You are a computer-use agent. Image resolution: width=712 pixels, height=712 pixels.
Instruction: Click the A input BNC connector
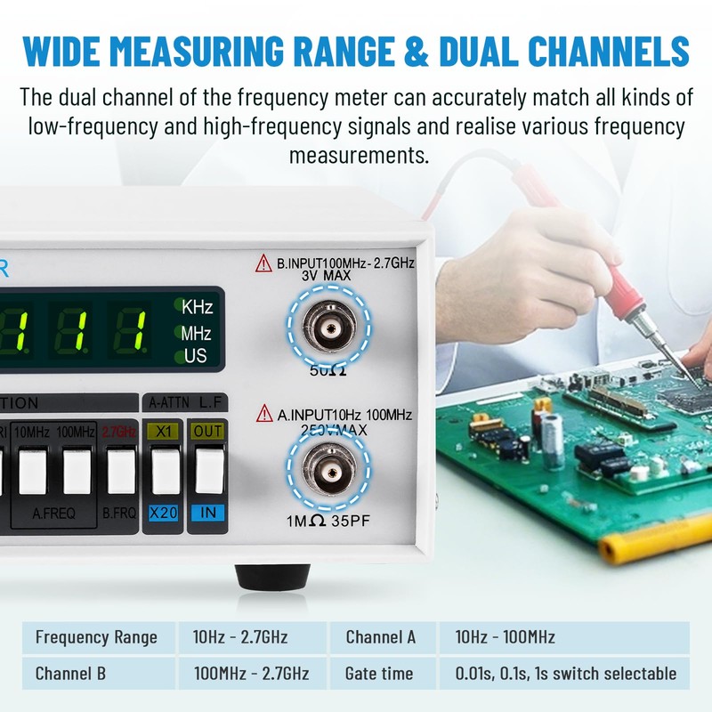(330, 469)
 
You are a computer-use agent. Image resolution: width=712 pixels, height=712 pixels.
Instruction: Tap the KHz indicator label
(197, 308)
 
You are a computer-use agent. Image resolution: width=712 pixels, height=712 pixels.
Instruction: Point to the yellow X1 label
(162, 432)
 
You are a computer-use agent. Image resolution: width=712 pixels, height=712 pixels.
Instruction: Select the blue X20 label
(162, 512)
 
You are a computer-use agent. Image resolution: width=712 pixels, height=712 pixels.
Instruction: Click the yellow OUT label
(208, 432)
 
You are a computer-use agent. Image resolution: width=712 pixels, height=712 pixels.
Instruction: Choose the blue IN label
(208, 512)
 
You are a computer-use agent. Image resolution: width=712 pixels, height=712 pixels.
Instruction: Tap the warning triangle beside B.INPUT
(264, 263)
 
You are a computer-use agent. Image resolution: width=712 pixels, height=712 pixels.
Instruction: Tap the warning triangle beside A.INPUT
(264, 414)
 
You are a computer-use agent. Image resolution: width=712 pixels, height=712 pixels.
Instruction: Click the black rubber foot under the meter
(272, 575)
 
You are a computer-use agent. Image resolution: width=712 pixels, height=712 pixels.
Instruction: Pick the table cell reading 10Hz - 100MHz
(505, 637)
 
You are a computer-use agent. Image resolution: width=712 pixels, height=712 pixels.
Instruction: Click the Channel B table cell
(70, 674)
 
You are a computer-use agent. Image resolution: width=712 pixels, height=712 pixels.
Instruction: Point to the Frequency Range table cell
(96, 637)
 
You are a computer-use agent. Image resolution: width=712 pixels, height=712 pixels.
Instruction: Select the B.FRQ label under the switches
(119, 513)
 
